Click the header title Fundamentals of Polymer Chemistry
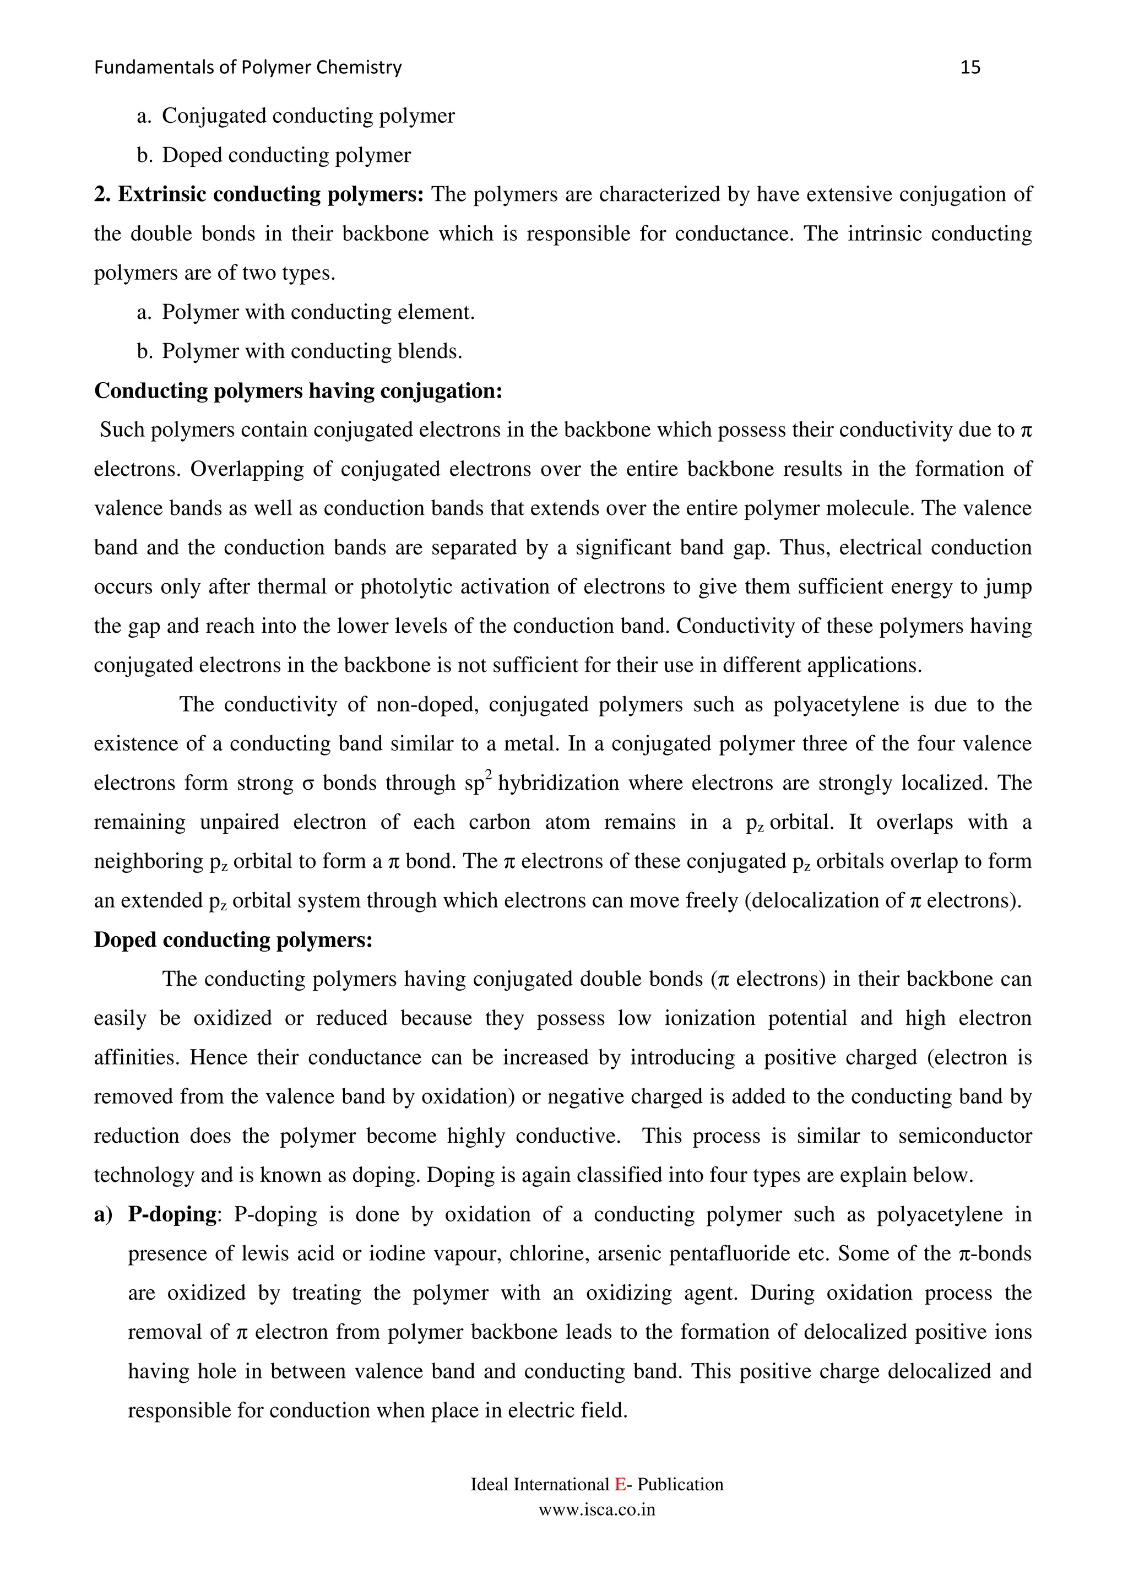(x=247, y=67)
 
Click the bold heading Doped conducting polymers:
(x=234, y=940)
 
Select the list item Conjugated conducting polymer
(x=308, y=116)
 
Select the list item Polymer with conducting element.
(x=318, y=313)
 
